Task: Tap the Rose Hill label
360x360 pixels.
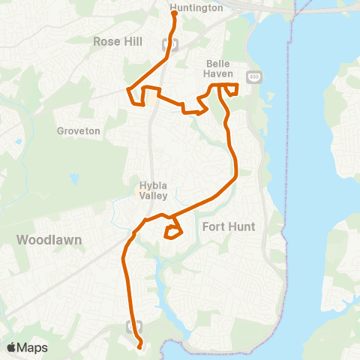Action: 117,42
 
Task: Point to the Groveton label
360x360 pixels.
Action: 79,130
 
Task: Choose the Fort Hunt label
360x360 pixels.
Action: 229,226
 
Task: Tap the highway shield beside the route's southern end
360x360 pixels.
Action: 133,325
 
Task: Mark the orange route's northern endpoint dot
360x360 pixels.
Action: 174,13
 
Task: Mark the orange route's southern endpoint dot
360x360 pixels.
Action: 140,346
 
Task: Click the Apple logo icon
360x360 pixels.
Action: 12,347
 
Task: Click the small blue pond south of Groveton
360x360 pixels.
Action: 75,179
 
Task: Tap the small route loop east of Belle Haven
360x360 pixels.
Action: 232,91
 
